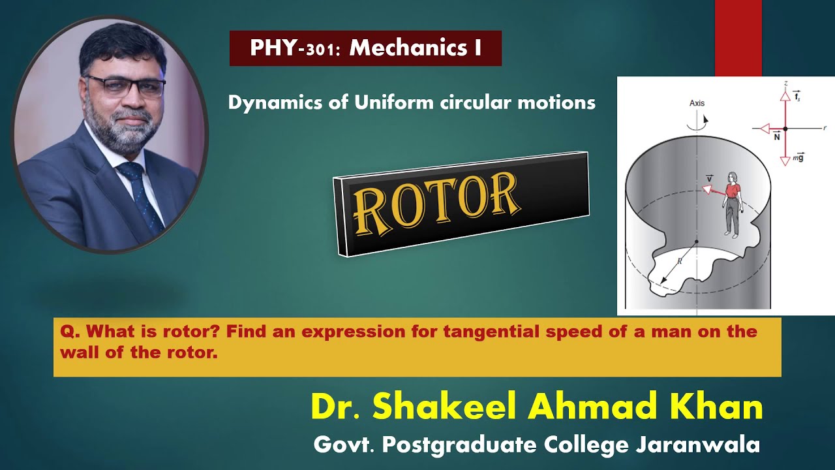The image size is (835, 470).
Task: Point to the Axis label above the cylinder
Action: pyautogui.click(x=697, y=103)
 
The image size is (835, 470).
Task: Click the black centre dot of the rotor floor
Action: pyautogui.click(x=697, y=242)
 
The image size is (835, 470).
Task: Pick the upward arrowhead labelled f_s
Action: pyautogui.click(x=785, y=95)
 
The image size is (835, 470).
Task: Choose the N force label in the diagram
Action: pyautogui.click(x=776, y=137)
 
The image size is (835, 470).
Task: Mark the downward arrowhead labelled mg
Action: pyautogui.click(x=785, y=161)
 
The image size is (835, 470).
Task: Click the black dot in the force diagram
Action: pyautogui.click(x=785, y=129)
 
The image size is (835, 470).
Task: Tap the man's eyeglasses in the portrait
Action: pyautogui.click(x=125, y=86)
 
